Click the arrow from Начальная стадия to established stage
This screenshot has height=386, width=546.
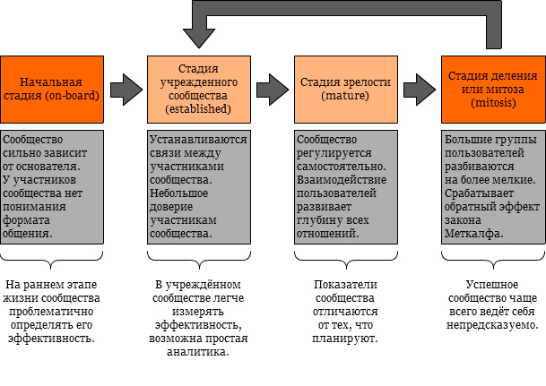(x=126, y=89)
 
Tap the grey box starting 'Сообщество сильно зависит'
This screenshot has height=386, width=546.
(x=51, y=186)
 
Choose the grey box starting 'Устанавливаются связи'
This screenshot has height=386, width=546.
(x=198, y=186)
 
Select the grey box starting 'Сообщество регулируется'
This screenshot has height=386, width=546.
(x=345, y=186)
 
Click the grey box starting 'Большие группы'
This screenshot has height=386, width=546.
(x=493, y=186)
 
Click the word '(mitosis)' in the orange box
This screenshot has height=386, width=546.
(x=493, y=103)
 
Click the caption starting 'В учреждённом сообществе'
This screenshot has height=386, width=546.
(x=198, y=318)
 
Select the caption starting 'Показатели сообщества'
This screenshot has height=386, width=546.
(x=345, y=312)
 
